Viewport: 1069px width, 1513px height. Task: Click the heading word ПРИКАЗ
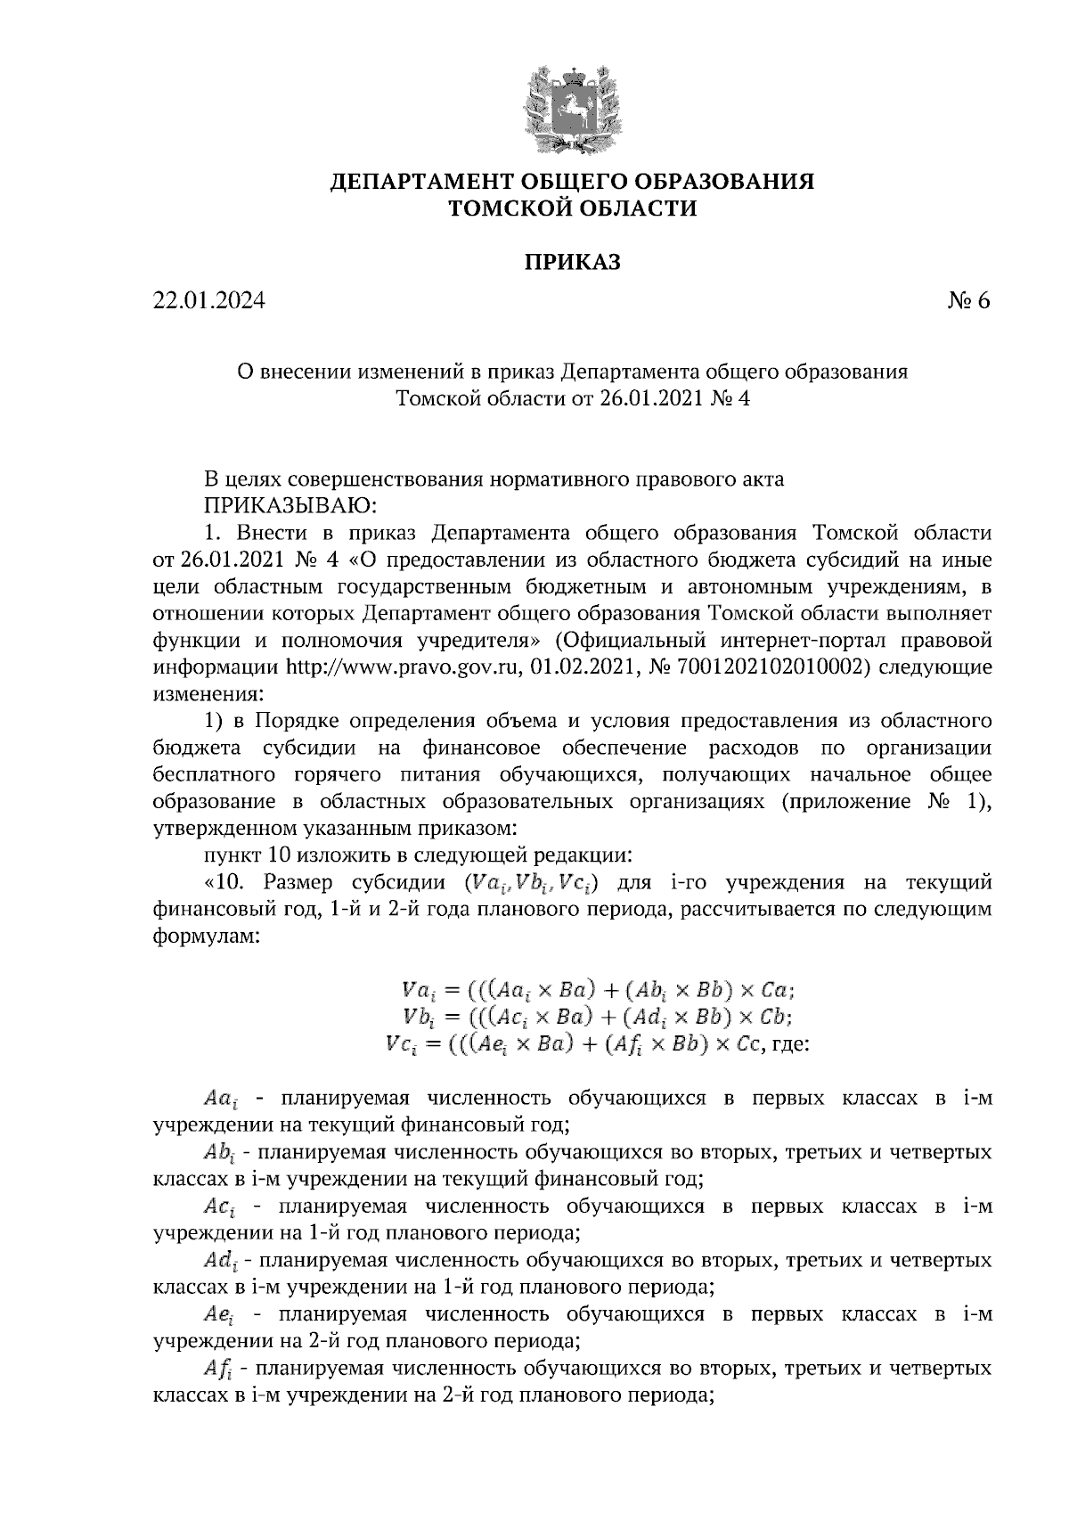[x=571, y=262]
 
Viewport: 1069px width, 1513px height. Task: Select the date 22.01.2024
[x=209, y=301]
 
